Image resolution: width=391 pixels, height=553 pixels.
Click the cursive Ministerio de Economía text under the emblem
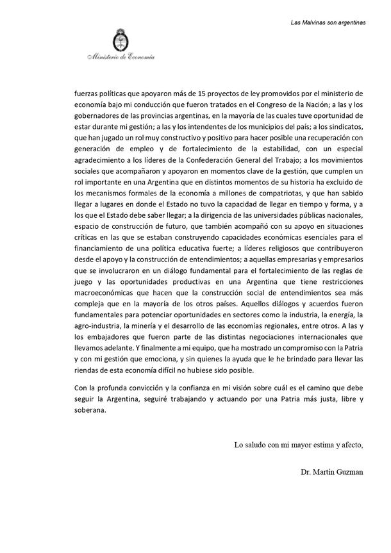[121, 60]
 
